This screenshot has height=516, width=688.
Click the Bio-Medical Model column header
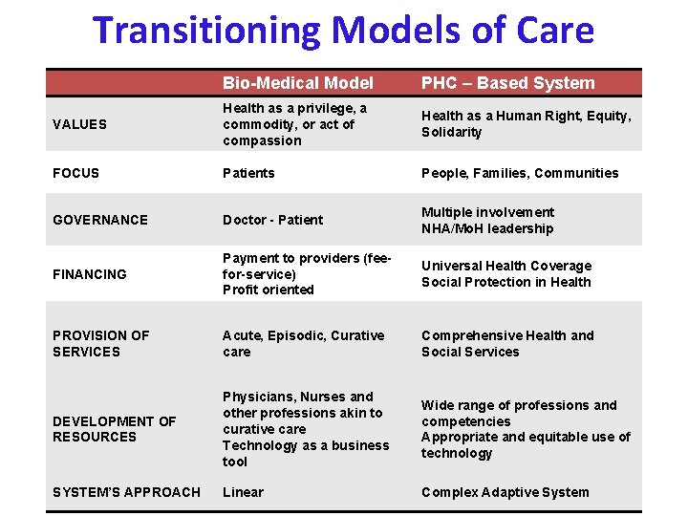[x=297, y=83]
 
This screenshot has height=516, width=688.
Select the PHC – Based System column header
[x=507, y=83]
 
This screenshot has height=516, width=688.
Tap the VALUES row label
[x=80, y=124]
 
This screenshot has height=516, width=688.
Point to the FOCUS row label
[x=76, y=173]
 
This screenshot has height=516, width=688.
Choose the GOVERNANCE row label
[x=100, y=220]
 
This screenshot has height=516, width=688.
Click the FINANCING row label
[x=90, y=274]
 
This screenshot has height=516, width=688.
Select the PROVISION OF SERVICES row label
[x=100, y=343]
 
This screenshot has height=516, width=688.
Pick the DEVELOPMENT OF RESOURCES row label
[x=114, y=429]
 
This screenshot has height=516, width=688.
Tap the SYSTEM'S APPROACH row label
[x=126, y=492]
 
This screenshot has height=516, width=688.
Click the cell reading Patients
[x=248, y=173]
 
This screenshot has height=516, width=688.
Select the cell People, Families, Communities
[x=520, y=173]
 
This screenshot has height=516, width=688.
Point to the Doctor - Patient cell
[x=272, y=220]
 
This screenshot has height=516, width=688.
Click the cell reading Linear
[x=243, y=492]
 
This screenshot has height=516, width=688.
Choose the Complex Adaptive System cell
[x=505, y=492]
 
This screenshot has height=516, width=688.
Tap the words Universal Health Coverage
[x=506, y=266]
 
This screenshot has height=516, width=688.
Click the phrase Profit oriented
[x=268, y=290]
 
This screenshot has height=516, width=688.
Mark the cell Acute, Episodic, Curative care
[x=303, y=343]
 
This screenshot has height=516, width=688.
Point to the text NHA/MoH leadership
[x=487, y=228]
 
